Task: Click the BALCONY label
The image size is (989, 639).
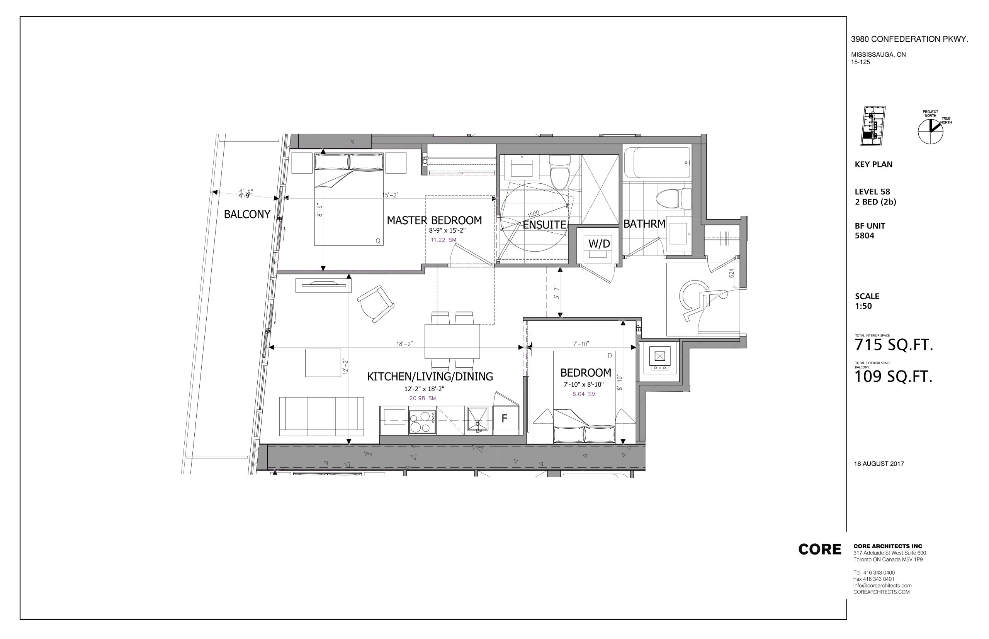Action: pyautogui.click(x=247, y=214)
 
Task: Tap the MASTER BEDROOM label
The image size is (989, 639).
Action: pyautogui.click(x=434, y=220)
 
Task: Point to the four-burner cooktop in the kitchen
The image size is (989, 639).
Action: pyautogui.click(x=422, y=422)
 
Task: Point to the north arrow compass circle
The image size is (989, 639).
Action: pyautogui.click(x=930, y=132)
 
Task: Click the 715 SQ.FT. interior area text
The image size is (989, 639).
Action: pyautogui.click(x=894, y=345)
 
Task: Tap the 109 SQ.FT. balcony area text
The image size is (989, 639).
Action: pyautogui.click(x=894, y=376)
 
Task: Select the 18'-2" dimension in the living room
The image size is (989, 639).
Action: pyautogui.click(x=404, y=344)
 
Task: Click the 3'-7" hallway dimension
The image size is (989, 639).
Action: pyautogui.click(x=557, y=292)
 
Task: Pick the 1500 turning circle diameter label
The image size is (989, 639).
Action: pyautogui.click(x=534, y=214)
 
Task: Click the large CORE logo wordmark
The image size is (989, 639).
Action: pyautogui.click(x=819, y=549)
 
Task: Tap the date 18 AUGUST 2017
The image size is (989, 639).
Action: pyautogui.click(x=879, y=464)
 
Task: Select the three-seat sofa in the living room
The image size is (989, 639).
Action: pyautogui.click(x=321, y=416)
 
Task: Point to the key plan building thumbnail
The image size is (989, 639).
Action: pyautogui.click(x=873, y=126)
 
